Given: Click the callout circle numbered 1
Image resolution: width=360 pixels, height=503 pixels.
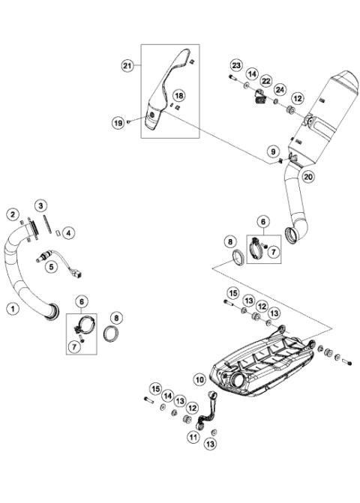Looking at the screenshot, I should [12, 307].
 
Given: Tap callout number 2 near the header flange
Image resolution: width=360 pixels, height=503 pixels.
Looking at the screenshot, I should [13, 214].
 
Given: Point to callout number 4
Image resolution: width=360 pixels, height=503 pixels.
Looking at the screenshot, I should [68, 232].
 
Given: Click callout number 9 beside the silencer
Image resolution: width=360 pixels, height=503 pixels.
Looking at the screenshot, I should [274, 152].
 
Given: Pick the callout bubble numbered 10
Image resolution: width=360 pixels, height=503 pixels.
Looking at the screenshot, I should [200, 379].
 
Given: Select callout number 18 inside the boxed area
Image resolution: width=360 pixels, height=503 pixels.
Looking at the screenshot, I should [178, 96].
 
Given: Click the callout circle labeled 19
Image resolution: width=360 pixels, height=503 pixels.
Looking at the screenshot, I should [118, 121].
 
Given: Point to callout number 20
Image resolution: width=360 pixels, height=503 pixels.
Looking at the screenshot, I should [307, 177].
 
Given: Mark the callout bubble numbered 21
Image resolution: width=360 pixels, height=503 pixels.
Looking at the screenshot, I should [127, 66].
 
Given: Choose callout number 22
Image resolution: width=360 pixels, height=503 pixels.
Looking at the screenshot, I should [266, 80].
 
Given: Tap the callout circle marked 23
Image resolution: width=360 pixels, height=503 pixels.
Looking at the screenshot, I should [236, 66].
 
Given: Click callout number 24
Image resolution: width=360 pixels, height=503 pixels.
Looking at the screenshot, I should [280, 90].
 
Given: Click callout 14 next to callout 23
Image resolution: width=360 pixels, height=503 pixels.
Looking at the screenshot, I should [252, 73].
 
